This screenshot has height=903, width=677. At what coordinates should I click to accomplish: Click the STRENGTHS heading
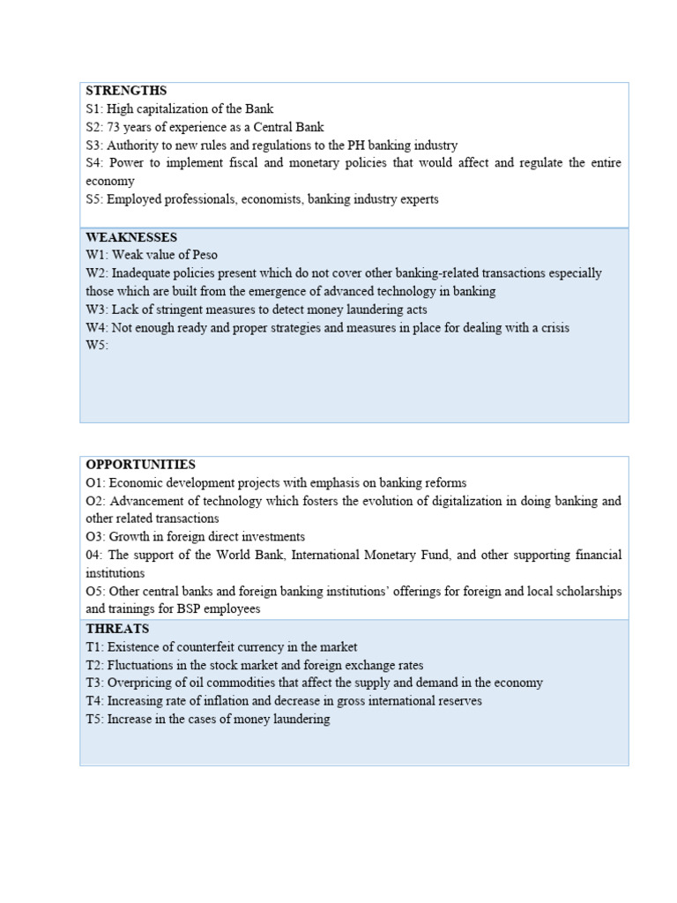pos(126,91)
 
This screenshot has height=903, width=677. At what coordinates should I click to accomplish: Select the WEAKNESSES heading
pos(131,237)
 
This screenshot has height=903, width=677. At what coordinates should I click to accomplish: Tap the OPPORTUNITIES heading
pos(141,465)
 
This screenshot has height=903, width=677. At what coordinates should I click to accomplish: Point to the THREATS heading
pos(117,629)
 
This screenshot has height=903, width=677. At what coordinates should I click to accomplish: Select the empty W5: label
pos(97,346)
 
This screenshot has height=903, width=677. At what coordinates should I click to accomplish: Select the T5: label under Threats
pos(95,719)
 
